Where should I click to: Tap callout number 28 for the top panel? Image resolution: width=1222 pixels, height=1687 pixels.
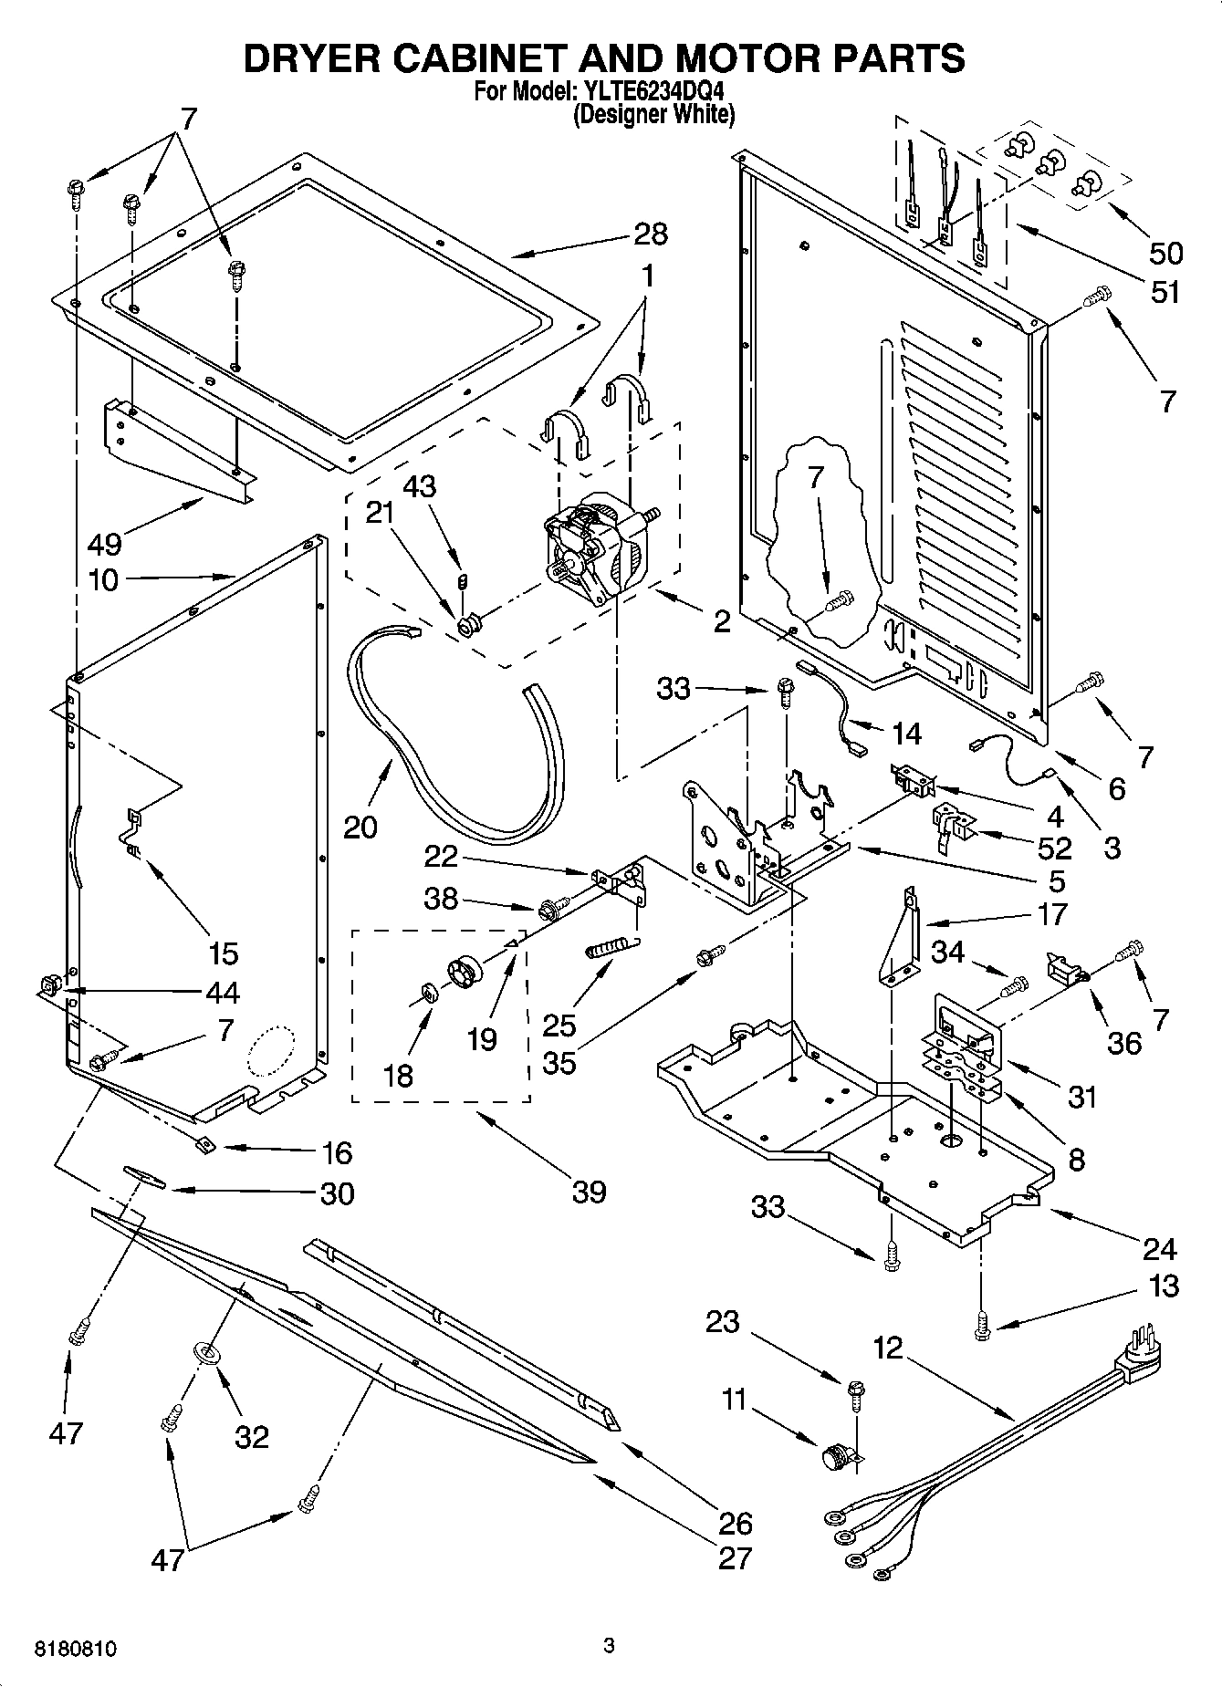[x=651, y=234]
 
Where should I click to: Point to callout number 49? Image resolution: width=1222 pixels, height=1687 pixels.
[x=105, y=546]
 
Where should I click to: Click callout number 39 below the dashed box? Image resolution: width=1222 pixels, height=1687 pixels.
[x=589, y=1192]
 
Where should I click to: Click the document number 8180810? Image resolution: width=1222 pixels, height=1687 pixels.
[x=77, y=1649]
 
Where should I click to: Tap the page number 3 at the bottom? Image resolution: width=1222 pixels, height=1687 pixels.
[x=610, y=1646]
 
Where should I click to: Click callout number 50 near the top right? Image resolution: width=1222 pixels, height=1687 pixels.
[x=1165, y=254]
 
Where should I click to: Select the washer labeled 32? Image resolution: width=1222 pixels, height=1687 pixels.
[x=207, y=1354]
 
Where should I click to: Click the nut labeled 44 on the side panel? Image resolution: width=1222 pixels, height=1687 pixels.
[x=49, y=985]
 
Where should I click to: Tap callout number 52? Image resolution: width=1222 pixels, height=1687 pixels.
[x=1054, y=848]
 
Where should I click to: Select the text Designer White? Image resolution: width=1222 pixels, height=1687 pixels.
[x=653, y=115]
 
